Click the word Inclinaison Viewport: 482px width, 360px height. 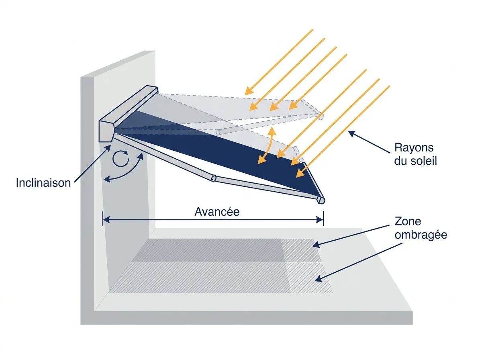point(43,183)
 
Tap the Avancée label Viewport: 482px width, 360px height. point(217,212)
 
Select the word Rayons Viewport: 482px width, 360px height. point(414,148)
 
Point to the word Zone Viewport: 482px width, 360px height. point(408,221)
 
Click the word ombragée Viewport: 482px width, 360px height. point(421,235)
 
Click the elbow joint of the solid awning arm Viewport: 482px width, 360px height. point(213,178)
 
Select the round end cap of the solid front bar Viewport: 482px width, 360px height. point(321,200)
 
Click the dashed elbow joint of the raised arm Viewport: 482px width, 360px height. point(218,132)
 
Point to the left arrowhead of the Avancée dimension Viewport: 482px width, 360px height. point(106,219)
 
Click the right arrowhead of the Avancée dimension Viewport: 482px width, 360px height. point(319,219)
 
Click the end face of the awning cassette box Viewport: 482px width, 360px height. point(106,131)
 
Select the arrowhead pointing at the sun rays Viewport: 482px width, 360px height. point(351,133)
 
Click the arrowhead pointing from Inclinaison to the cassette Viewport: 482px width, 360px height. point(108,148)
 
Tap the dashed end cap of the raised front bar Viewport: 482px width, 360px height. point(321,116)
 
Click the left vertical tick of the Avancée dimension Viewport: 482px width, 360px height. point(102,219)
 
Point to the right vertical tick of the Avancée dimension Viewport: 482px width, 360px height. point(323,219)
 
